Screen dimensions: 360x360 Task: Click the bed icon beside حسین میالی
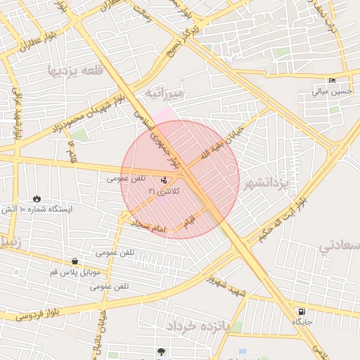[x=332, y=80]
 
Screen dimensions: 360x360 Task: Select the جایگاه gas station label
[x=302, y=321]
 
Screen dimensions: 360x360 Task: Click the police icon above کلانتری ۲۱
[x=164, y=180]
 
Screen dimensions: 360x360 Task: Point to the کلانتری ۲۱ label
[x=166, y=191]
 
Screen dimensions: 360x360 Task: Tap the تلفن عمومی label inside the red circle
[x=124, y=179]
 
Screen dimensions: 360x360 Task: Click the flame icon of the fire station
[x=37, y=198]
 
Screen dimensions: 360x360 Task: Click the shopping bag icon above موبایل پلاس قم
[x=75, y=262]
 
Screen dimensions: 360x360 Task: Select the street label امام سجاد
[x=147, y=226]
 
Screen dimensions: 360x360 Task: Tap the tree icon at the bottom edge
[x=162, y=352]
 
